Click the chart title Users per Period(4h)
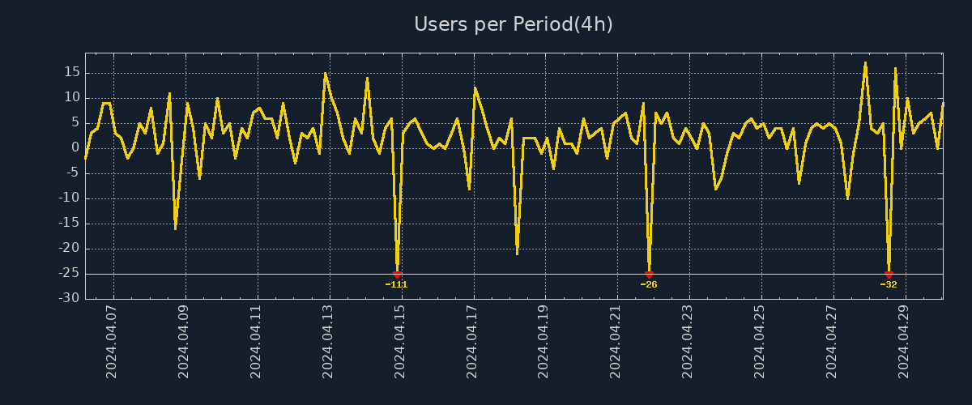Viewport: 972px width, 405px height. pyautogui.click(x=514, y=24)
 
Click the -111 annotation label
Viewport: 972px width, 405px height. pyautogui.click(x=397, y=284)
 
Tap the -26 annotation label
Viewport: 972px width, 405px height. pyautogui.click(x=649, y=284)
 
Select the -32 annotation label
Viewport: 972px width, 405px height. pyautogui.click(x=889, y=284)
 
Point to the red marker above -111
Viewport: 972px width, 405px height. pyautogui.click(x=397, y=275)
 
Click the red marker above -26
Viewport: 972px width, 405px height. pyautogui.click(x=649, y=275)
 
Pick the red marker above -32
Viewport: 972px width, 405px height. pyautogui.click(x=889, y=275)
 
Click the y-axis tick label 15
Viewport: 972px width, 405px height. pyautogui.click(x=71, y=72)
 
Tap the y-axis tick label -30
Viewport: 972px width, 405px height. pyautogui.click(x=69, y=299)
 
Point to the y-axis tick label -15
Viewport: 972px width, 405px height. pyautogui.click(x=69, y=224)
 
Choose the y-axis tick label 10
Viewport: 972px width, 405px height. pyautogui.click(x=71, y=97)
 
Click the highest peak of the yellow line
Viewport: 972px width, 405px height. pyautogui.click(x=865, y=62)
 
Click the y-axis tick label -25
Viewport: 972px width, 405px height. pyautogui.click(x=69, y=274)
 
